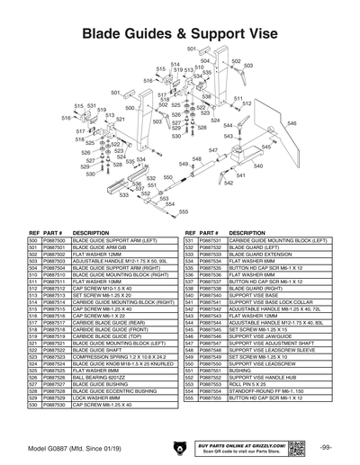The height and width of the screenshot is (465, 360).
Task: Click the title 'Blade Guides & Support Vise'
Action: [180, 34]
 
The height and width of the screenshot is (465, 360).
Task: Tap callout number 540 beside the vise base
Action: [258, 166]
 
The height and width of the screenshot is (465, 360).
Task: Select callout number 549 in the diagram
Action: [184, 165]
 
